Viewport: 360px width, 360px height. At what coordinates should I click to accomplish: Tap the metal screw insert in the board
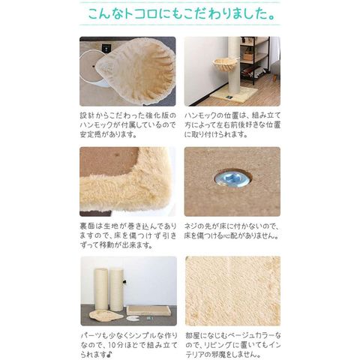[x=232, y=178]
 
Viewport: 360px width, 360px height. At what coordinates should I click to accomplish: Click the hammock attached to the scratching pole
[x=224, y=65]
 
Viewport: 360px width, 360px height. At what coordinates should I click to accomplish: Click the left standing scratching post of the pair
[x=100, y=289]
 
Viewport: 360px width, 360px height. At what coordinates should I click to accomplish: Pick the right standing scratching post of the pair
[x=116, y=289]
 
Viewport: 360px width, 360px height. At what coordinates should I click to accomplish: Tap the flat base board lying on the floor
[x=148, y=310]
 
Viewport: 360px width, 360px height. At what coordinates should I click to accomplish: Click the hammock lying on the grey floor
[x=106, y=315]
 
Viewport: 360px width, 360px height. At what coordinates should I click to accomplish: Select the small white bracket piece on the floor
[x=133, y=318]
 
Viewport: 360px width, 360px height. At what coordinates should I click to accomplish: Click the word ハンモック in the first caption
[x=97, y=125]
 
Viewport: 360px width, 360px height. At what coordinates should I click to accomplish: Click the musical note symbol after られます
[x=110, y=355]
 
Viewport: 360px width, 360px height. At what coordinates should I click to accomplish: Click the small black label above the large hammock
[x=106, y=47]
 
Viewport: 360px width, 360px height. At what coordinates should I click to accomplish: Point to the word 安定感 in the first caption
[x=91, y=134]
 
